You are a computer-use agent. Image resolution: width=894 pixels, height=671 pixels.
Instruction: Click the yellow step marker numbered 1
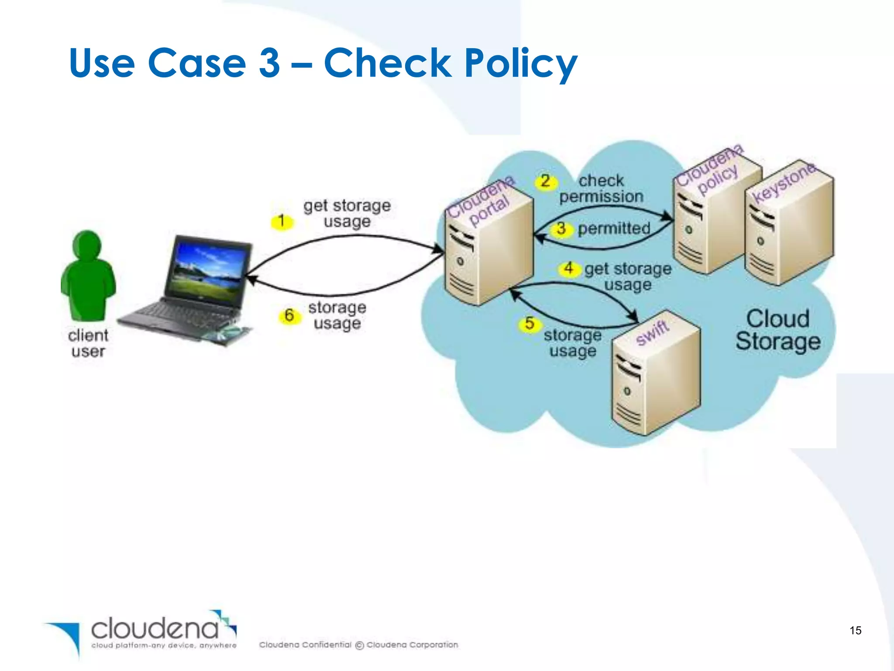point(282,221)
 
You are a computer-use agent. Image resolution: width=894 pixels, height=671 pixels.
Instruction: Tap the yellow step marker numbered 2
point(545,181)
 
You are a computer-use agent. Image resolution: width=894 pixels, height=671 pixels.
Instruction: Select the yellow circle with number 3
point(561,228)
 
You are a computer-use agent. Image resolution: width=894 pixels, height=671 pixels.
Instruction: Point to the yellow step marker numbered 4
point(568,268)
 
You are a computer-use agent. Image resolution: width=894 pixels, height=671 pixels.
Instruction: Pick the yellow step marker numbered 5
point(530,324)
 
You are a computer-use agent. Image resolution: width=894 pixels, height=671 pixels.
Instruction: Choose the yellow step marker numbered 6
point(289,315)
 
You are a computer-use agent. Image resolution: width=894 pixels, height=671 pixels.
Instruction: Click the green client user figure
point(89,275)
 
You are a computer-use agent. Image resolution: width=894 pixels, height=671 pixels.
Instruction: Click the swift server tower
point(655,376)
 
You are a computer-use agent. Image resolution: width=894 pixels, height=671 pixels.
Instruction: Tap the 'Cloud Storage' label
point(778,330)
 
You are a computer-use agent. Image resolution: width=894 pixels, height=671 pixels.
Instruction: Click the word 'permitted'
point(614,228)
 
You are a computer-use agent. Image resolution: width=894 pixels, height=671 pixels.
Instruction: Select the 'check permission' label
point(602,189)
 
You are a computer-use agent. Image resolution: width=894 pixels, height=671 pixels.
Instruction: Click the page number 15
point(855,630)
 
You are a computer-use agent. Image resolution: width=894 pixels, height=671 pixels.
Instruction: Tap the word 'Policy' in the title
point(520,64)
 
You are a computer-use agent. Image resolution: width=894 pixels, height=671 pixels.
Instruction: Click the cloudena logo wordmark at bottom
point(155,629)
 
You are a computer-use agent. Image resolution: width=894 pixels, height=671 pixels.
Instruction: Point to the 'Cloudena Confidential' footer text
point(305,645)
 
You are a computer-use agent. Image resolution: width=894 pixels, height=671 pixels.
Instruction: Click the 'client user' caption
point(88,343)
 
